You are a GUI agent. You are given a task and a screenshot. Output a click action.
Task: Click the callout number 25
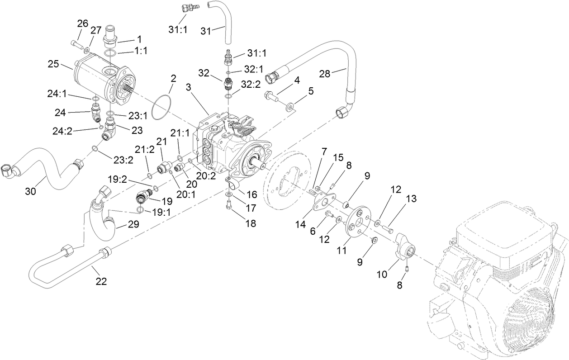coord(52,64)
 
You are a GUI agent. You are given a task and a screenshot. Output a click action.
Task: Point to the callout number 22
coord(101,281)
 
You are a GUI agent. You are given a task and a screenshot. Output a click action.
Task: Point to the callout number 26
coord(82,24)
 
